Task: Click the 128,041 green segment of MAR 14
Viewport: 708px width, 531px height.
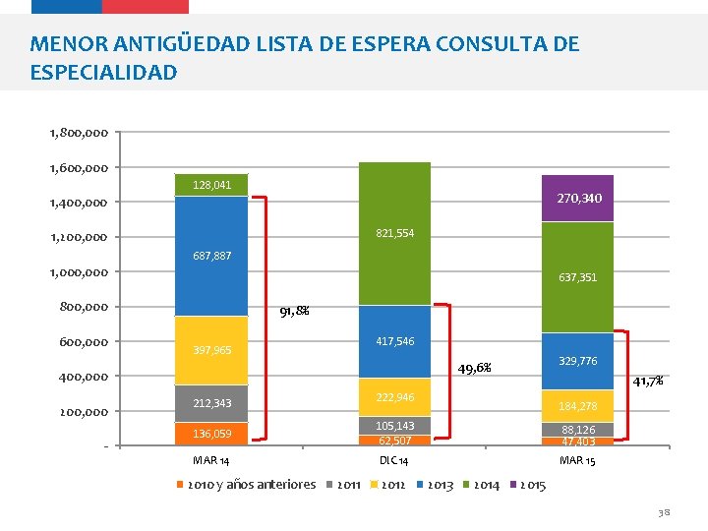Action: (211, 185)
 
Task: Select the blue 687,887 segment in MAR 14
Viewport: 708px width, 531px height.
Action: (211, 256)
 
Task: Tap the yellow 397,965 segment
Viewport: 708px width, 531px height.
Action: (211, 350)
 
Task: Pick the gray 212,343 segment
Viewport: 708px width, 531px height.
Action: (211, 403)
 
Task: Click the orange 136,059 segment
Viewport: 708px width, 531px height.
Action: (211, 434)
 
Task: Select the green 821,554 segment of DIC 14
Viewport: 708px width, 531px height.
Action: (394, 233)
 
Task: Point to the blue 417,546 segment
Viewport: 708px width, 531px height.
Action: (394, 341)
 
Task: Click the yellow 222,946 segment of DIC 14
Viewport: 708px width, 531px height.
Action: (394, 397)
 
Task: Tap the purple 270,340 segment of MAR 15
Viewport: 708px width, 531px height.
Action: (577, 199)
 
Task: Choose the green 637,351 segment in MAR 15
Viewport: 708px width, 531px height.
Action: (577, 277)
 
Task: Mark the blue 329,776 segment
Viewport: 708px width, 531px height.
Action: (577, 361)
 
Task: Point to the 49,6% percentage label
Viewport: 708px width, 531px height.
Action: (476, 369)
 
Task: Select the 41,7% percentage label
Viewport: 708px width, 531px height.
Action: (647, 381)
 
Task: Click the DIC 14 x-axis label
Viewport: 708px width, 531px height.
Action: (393, 460)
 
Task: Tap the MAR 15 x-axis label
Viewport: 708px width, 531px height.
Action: (577, 460)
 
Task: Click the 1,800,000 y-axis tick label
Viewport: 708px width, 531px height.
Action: (79, 132)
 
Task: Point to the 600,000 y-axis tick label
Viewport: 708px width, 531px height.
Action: (85, 341)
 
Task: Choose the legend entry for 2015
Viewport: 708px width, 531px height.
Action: (528, 485)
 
